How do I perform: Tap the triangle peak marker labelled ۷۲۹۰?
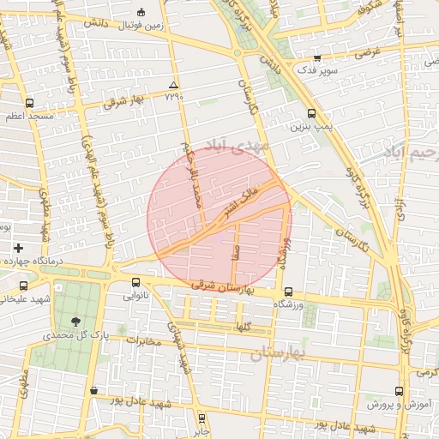click(175, 85)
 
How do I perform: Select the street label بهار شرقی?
click(126, 100)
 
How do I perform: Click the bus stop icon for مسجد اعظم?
click(30, 102)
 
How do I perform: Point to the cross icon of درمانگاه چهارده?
click(18, 248)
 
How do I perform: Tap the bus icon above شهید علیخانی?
click(23, 286)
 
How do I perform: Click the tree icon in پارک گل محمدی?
click(78, 321)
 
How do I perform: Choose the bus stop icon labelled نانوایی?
click(135, 283)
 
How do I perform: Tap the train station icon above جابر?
click(202, 409)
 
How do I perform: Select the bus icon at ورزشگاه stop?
click(288, 292)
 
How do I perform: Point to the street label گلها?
click(244, 327)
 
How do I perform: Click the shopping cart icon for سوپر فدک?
click(317, 58)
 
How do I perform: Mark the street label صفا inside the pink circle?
click(235, 254)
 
